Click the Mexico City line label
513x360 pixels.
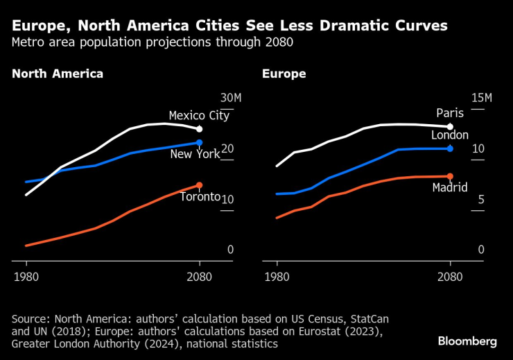[x=199, y=116]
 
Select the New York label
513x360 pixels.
[x=195, y=154]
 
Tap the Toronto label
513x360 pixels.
[x=200, y=196]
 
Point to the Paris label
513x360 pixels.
[x=450, y=113]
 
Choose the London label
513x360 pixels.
[x=450, y=135]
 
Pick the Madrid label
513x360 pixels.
[x=450, y=187]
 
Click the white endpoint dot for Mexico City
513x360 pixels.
[x=200, y=129]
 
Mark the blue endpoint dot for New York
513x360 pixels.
[x=200, y=143]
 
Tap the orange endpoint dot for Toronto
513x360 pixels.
[x=200, y=185]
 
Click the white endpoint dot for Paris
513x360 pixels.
[x=450, y=127]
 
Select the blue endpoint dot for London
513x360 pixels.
[x=450, y=148]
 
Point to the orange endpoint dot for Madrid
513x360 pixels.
[x=450, y=176]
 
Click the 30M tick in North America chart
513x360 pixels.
[x=231, y=98]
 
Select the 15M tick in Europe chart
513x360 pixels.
[x=481, y=98]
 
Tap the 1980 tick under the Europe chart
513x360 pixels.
[x=277, y=277]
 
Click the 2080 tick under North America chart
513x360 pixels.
[x=200, y=277]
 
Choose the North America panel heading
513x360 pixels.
[x=58, y=74]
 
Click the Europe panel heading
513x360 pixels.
[x=284, y=74]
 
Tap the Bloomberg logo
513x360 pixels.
[x=467, y=341]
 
